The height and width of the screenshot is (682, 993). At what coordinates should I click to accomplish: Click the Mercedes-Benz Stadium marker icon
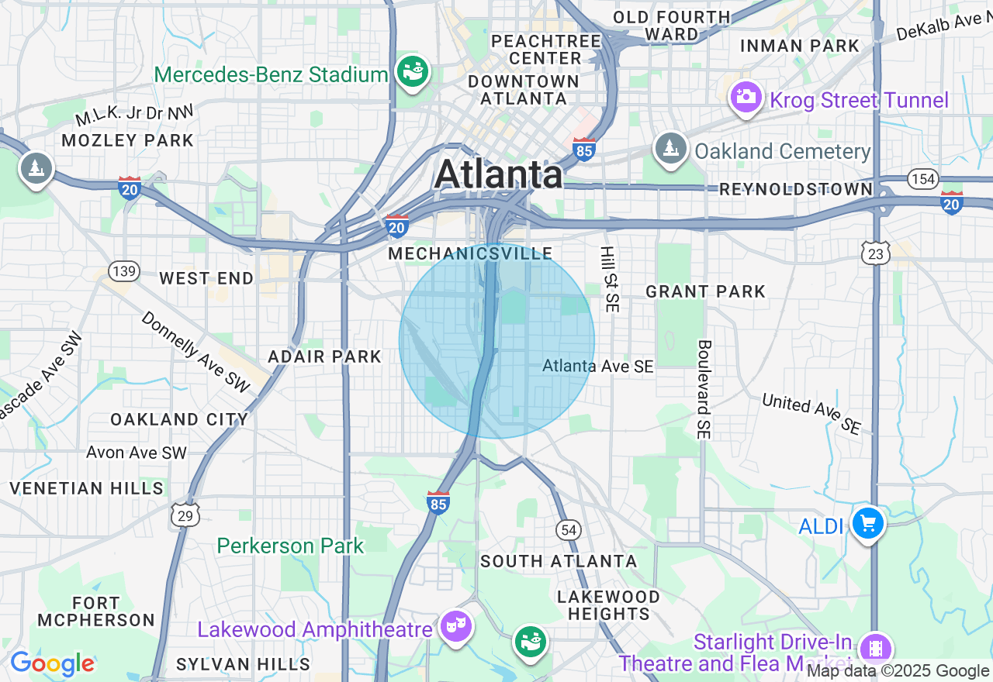click(x=413, y=72)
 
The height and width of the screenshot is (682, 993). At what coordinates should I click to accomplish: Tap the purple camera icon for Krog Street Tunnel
click(x=746, y=97)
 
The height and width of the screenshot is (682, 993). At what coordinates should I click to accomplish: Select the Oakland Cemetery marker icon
click(x=670, y=148)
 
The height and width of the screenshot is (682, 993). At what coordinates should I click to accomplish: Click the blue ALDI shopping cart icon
click(x=867, y=524)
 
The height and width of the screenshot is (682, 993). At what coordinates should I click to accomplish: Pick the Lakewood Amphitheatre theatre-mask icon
click(x=455, y=625)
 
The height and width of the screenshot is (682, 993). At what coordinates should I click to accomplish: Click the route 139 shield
click(x=124, y=270)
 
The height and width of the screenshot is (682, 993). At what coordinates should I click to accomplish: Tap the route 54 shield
click(x=569, y=529)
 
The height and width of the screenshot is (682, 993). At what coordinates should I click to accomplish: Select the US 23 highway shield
click(x=875, y=251)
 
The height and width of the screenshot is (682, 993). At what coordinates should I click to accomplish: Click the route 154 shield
click(x=923, y=180)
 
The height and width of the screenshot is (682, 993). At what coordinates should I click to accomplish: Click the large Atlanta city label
click(x=498, y=174)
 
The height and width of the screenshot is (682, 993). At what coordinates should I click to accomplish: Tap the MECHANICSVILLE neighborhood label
click(x=470, y=253)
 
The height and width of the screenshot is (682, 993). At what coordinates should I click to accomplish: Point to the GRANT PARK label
click(x=706, y=291)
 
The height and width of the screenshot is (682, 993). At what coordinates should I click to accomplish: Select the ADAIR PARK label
click(x=324, y=356)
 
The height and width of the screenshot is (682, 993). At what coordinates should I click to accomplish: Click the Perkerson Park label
click(x=290, y=546)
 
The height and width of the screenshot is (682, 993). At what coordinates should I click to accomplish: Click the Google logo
click(x=52, y=663)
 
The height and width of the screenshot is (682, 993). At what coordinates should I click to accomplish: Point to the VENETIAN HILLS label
click(x=87, y=488)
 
